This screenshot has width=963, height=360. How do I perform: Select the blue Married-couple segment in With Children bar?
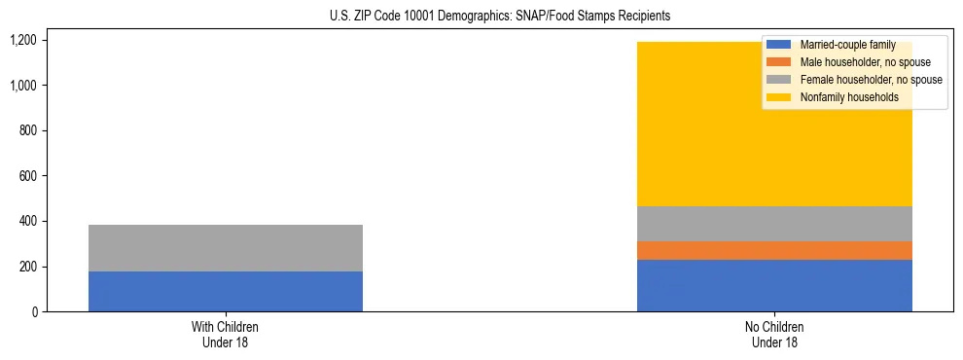(x=226, y=291)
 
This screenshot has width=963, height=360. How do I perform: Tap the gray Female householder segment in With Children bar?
(x=226, y=248)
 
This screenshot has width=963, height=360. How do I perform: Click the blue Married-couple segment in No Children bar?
(x=774, y=285)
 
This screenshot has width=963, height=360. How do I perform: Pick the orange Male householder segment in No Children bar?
(x=774, y=250)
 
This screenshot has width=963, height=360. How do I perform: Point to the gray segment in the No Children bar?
(x=774, y=224)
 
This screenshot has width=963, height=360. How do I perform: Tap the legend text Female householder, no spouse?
(x=871, y=80)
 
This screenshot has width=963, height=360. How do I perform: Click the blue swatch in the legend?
(x=779, y=45)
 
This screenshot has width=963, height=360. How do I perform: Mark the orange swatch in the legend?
(x=779, y=62)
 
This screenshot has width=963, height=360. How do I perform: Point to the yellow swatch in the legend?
(x=779, y=97)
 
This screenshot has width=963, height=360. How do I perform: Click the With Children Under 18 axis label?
(x=226, y=335)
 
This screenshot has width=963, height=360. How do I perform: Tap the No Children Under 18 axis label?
(x=774, y=335)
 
